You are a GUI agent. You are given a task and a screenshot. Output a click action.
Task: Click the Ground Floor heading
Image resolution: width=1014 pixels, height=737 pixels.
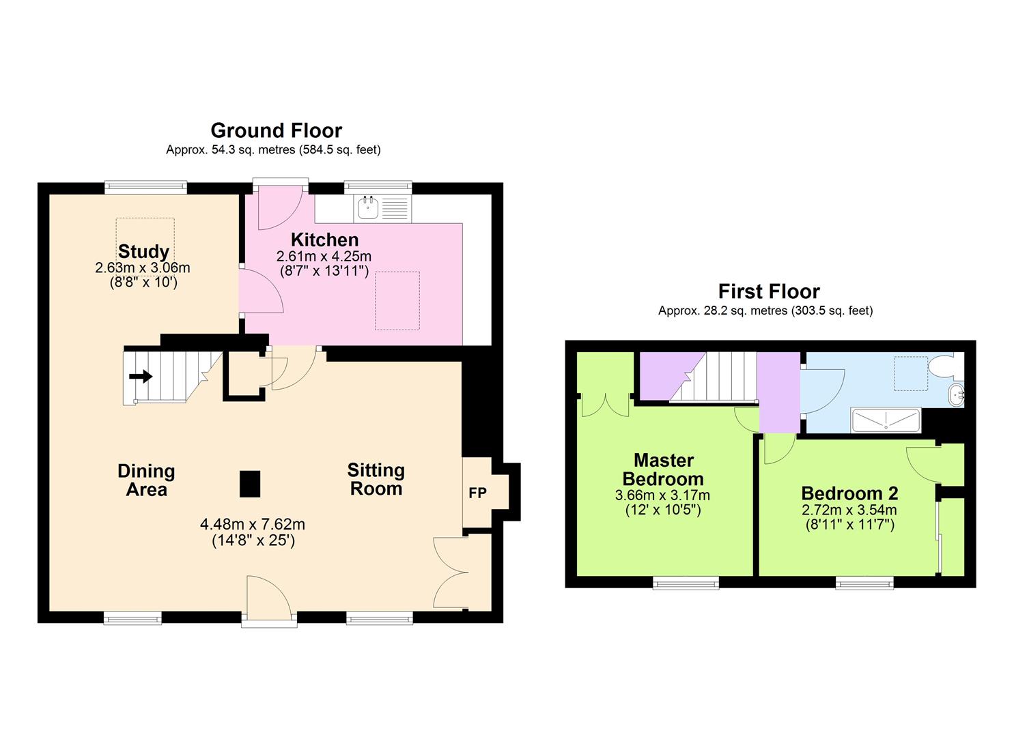click(276, 130)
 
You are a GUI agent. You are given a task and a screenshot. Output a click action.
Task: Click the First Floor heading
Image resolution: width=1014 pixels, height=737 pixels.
click(769, 291)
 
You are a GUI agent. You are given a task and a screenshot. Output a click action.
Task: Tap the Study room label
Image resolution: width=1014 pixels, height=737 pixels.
click(143, 251)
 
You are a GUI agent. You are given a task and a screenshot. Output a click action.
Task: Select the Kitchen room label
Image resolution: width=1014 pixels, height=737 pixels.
click(324, 240)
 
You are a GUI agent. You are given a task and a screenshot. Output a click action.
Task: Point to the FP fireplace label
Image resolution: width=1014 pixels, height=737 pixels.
click(477, 492)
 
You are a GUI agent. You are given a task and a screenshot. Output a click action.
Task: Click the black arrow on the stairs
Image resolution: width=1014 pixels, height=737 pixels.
click(141, 376)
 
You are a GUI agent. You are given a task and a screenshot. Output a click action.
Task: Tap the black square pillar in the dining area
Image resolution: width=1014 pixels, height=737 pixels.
click(250, 484)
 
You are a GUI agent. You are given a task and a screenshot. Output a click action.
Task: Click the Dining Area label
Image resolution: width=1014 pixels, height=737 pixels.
click(146, 480)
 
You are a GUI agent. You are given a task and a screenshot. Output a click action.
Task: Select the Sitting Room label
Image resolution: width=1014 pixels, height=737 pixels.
click(376, 479)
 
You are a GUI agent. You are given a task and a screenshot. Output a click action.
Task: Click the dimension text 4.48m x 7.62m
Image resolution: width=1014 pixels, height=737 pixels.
click(253, 524)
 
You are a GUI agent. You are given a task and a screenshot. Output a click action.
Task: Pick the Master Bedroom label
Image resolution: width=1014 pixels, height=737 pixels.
click(662, 469)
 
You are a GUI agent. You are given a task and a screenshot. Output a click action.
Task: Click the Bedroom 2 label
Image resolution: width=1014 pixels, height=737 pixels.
click(849, 493)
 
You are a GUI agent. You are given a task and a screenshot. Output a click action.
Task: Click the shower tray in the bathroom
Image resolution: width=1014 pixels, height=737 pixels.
click(886, 420)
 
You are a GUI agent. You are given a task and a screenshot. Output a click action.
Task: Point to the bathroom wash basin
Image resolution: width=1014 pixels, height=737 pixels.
click(956, 394)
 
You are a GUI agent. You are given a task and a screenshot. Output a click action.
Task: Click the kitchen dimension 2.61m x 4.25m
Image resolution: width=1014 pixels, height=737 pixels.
click(324, 257)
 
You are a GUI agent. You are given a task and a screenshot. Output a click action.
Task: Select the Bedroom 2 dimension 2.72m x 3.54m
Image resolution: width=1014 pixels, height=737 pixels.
click(849, 510)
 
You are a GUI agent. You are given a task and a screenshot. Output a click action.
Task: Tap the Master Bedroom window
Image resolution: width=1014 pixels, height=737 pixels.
click(686, 583)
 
